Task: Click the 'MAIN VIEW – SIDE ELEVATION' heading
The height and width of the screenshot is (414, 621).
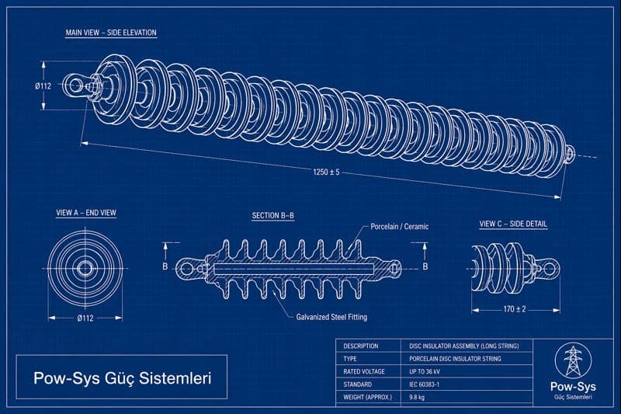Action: click(x=111, y=33)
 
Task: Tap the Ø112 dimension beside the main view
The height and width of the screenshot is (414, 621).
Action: click(x=43, y=86)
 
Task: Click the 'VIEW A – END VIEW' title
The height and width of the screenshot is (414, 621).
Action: click(x=85, y=213)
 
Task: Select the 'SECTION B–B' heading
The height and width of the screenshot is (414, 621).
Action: click(x=272, y=215)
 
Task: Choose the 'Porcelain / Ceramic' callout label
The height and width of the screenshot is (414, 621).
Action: click(x=399, y=227)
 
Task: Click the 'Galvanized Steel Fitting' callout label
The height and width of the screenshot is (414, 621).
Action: click(x=331, y=317)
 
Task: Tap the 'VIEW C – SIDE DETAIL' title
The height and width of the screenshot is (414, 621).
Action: click(x=512, y=224)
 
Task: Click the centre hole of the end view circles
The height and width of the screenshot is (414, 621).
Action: click(x=85, y=268)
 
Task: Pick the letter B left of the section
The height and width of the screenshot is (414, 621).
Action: click(x=165, y=266)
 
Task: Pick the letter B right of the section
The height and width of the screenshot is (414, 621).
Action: click(x=425, y=266)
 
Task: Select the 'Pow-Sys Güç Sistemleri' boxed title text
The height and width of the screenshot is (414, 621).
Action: click(x=121, y=378)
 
